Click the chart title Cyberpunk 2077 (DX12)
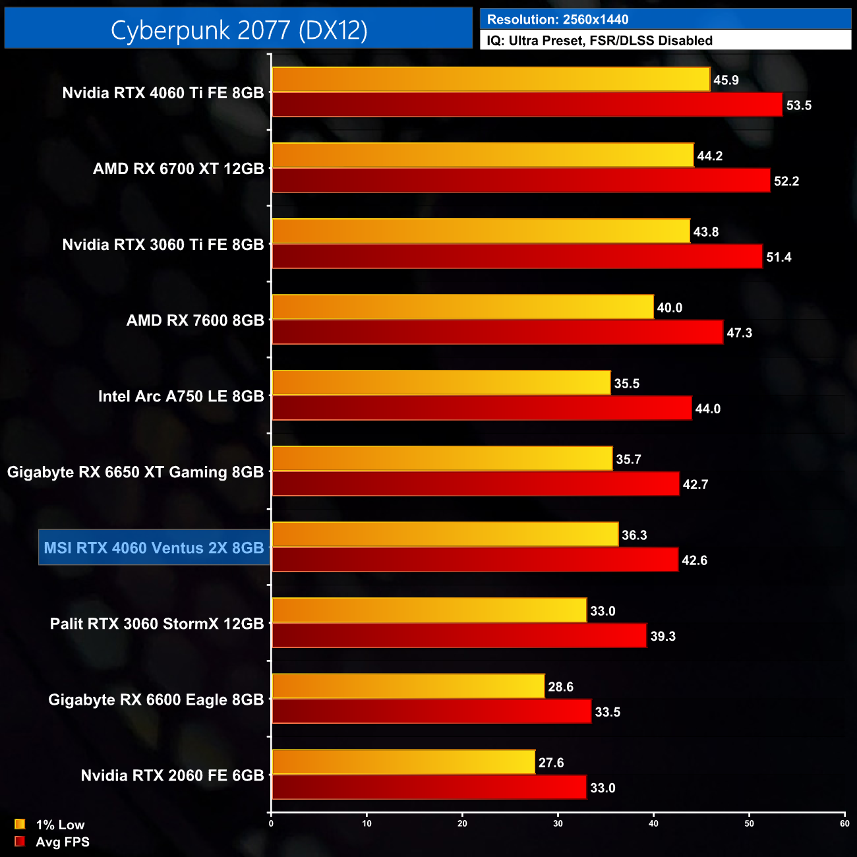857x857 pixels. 239,30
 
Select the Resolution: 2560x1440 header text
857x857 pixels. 558,20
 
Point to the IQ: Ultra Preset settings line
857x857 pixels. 599,41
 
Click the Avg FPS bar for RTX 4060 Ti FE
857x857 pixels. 527,105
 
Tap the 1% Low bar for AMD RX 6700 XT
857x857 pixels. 483,156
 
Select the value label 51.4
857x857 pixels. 779,257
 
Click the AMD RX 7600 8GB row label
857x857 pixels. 195,320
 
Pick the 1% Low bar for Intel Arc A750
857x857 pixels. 441,383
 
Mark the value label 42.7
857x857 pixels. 695,485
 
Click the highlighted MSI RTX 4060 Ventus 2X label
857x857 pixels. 154,548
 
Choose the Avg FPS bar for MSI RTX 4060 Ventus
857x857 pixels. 475,560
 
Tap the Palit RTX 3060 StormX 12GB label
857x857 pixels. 157,624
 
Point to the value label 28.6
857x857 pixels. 560,687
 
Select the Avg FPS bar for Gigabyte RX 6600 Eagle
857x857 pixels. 431,711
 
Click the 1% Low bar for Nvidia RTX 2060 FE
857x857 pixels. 403,762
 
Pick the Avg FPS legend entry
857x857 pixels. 53,842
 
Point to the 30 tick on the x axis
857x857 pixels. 558,823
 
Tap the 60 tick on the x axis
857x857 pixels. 844,823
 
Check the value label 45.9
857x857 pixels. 726,80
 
